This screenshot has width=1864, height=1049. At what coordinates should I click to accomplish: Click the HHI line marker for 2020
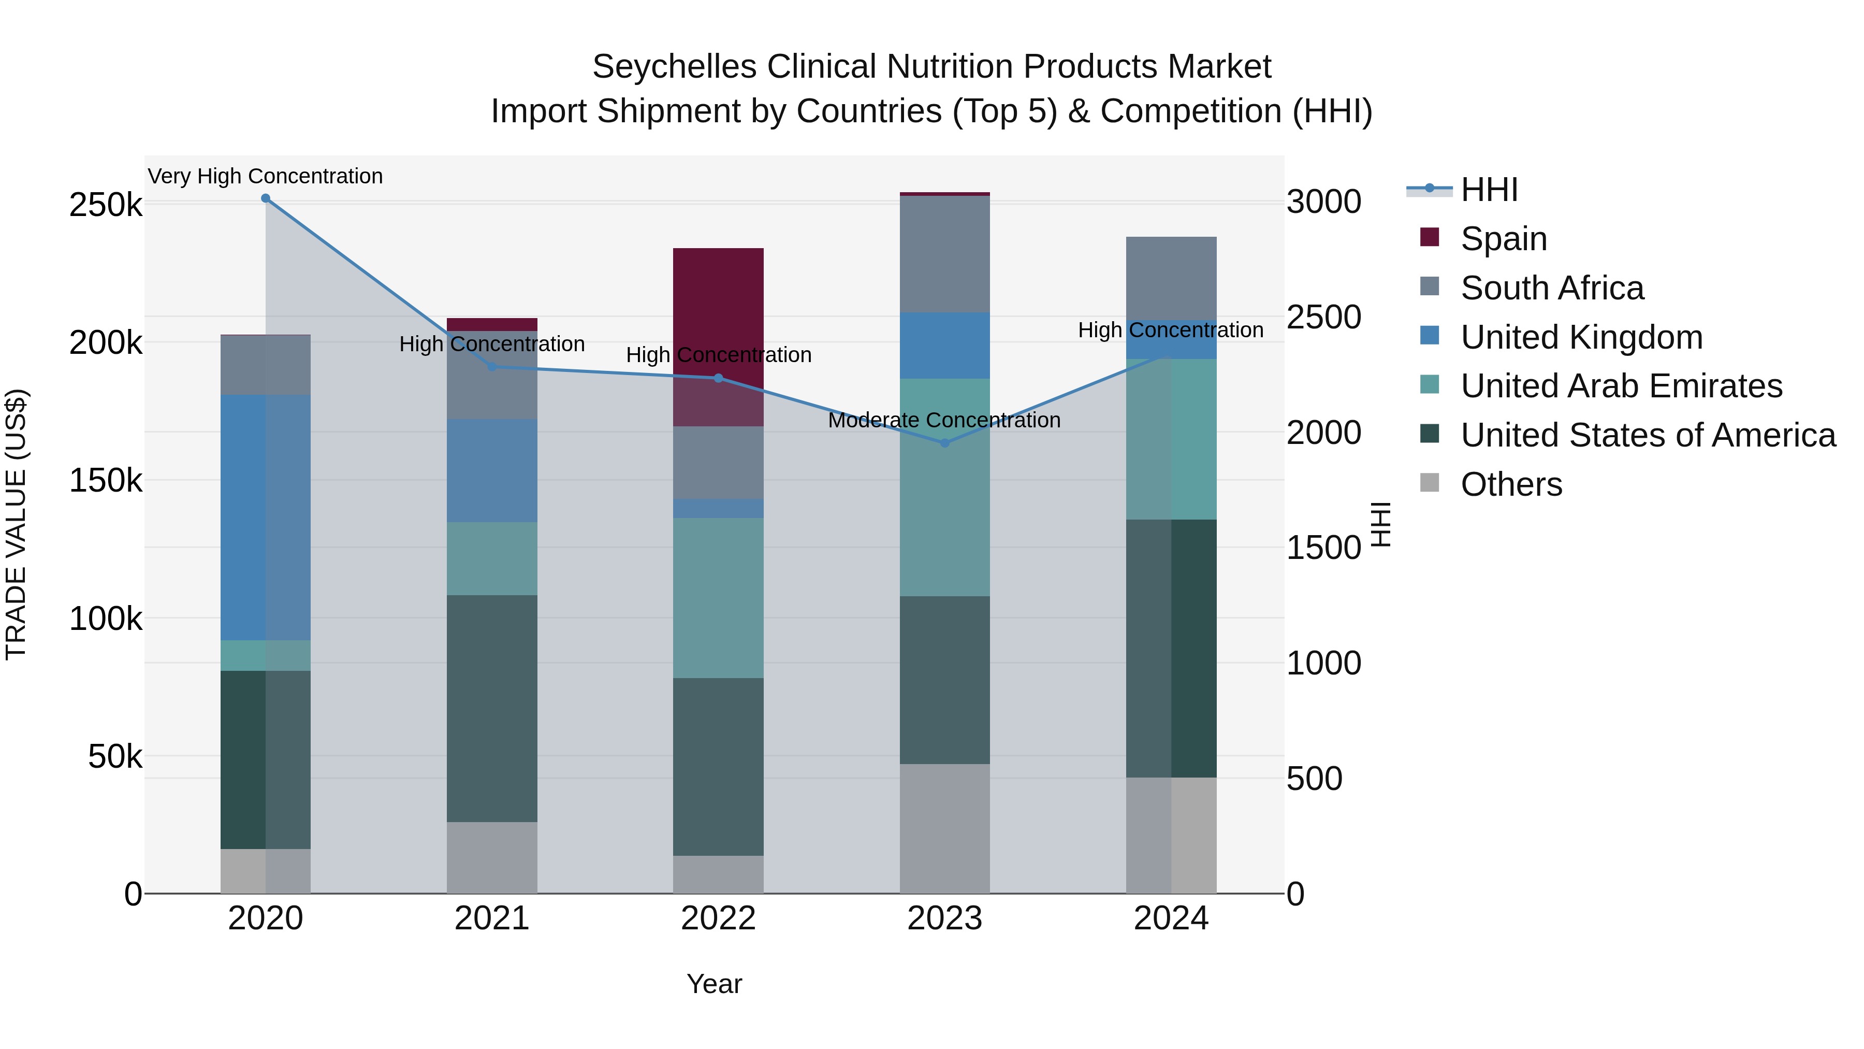pos(266,198)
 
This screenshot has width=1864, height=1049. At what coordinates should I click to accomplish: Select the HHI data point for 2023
pos(944,443)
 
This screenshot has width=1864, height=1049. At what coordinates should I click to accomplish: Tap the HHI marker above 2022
pos(719,378)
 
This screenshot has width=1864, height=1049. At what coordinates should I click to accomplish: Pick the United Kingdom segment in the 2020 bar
pos(266,518)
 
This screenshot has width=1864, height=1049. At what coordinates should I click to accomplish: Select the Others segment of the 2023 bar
pos(944,828)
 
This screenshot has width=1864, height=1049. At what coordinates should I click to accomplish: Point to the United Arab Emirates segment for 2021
pos(492,559)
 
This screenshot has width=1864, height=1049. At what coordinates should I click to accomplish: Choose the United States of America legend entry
pos(1648,435)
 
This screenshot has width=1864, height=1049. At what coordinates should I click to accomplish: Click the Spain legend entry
pos(1503,239)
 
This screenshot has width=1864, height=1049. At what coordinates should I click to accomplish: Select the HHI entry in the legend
pos(1489,190)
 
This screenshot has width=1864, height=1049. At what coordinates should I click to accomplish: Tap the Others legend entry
pos(1511,484)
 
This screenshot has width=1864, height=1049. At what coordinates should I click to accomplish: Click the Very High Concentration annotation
pos(266,177)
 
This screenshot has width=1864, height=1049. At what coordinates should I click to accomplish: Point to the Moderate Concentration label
pos(944,420)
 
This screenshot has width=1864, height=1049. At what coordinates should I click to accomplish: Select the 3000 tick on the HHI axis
pos(1323,202)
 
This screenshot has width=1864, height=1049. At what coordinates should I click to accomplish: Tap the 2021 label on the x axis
pos(492,918)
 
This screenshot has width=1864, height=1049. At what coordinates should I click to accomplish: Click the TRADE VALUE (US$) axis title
pos(16,524)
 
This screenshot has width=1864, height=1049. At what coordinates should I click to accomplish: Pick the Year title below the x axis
pos(714,984)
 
